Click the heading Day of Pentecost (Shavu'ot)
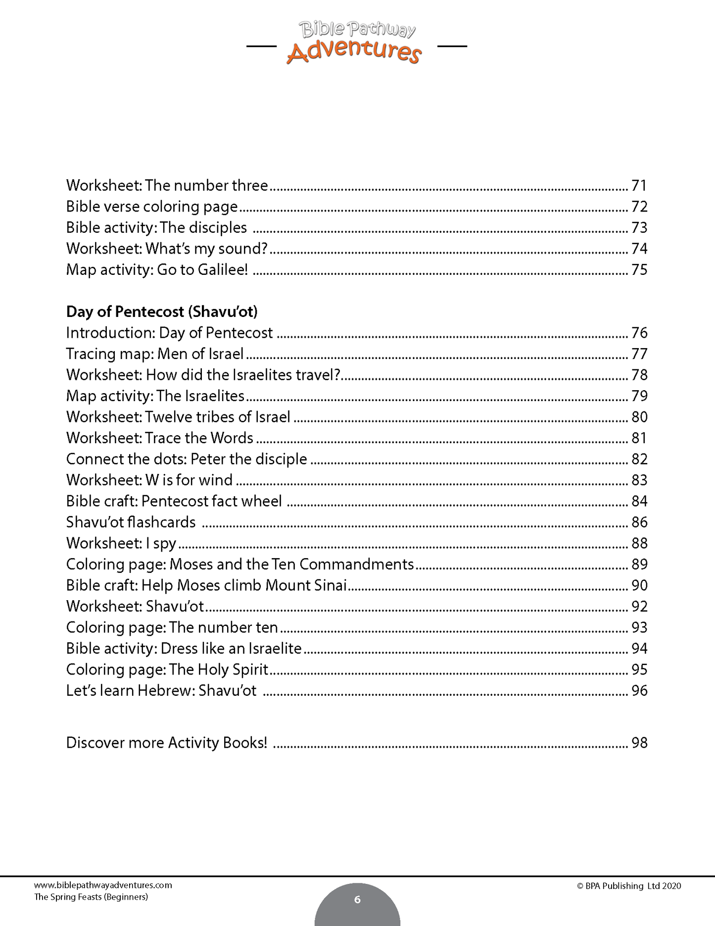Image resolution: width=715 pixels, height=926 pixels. [x=162, y=311]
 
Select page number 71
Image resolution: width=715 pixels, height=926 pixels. [x=639, y=185]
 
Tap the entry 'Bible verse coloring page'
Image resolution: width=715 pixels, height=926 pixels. [x=152, y=206]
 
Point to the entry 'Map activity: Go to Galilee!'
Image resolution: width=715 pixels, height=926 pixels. [x=157, y=269]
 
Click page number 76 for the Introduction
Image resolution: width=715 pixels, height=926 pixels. [x=639, y=333]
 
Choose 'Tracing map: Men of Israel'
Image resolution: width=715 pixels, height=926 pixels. [x=155, y=354]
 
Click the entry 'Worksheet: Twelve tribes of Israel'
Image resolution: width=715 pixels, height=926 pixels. [x=178, y=417]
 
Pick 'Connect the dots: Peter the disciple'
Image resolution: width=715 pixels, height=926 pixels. [x=187, y=459]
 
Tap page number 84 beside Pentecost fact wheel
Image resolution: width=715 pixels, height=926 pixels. [x=639, y=501]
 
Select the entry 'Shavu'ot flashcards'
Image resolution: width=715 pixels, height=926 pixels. [x=131, y=522]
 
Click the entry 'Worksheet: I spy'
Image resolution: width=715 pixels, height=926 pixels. [x=121, y=543]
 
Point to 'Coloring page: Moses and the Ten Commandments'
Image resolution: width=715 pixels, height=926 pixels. [x=240, y=564]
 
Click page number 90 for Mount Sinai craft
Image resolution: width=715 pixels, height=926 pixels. [x=639, y=585]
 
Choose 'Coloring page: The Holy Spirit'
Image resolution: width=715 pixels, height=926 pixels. [x=167, y=669]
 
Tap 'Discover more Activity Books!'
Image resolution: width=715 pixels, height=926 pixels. [x=167, y=743]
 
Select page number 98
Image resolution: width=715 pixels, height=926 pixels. [x=639, y=743]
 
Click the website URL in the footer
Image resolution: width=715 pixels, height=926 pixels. [x=103, y=885]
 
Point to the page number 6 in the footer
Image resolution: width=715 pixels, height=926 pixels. [x=357, y=899]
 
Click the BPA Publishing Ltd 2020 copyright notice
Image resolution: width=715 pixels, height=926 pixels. [x=629, y=886]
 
